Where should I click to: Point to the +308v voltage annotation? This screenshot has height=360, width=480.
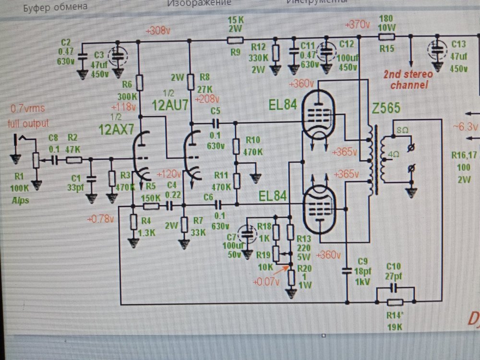(x=158, y=32)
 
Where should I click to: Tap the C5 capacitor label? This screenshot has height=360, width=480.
(x=216, y=112)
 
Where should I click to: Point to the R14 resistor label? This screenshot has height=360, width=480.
(x=396, y=315)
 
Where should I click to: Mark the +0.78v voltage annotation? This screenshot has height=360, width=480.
(x=101, y=219)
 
